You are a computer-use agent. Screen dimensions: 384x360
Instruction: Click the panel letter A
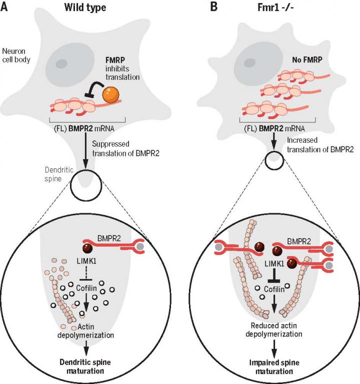point(7,8)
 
